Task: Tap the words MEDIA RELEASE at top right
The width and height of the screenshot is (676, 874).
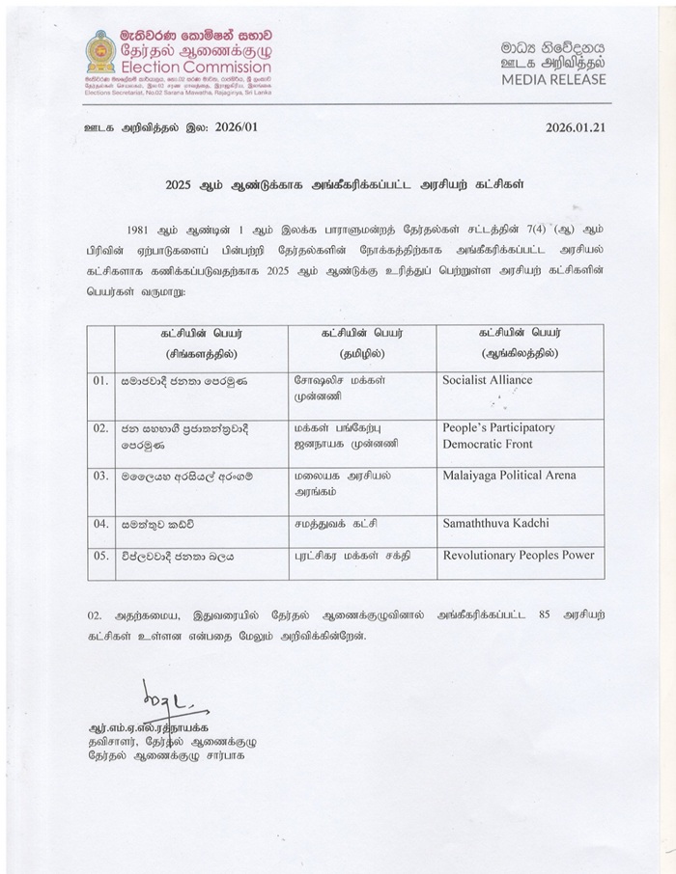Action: [552, 79]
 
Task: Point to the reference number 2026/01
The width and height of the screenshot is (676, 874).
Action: [234, 126]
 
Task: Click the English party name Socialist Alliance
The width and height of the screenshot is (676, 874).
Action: [487, 380]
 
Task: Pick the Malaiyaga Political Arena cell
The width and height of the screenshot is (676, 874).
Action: [508, 476]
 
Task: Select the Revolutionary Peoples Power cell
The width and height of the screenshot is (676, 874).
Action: [518, 556]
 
